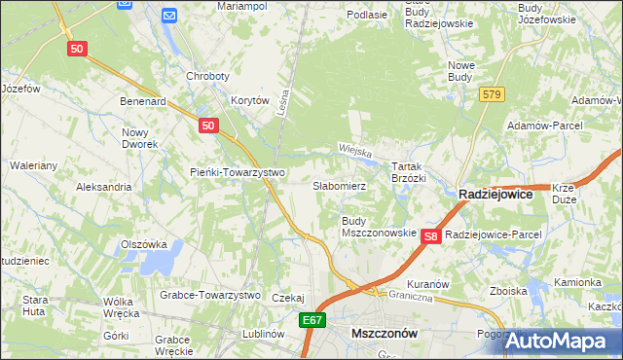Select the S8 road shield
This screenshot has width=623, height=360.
coord(433,235)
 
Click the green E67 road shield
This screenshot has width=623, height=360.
coord(311,320)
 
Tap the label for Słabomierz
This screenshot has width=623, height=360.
coord(339,185)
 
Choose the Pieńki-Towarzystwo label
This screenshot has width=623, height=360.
coord(237,172)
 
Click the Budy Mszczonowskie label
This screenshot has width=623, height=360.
coord(379,228)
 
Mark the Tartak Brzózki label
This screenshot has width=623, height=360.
coord(409,173)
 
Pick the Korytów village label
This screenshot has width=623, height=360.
coord(249,100)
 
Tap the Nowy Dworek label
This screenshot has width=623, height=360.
coord(140,138)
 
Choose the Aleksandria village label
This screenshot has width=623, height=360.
coord(103,186)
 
